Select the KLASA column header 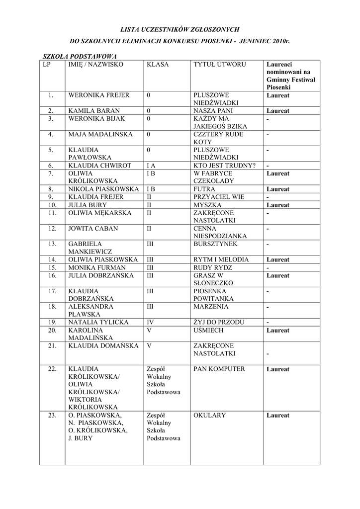158,65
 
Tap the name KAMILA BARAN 94,111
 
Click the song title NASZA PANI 213,111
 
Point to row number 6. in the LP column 51,166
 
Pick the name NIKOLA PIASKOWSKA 103,189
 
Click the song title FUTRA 204,189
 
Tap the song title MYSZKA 207,205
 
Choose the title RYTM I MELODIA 219,259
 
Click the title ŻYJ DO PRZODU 219,322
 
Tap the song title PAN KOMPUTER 219,369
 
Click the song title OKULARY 209,416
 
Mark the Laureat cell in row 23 277,416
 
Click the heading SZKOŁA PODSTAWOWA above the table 80,56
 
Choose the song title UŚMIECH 208,330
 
